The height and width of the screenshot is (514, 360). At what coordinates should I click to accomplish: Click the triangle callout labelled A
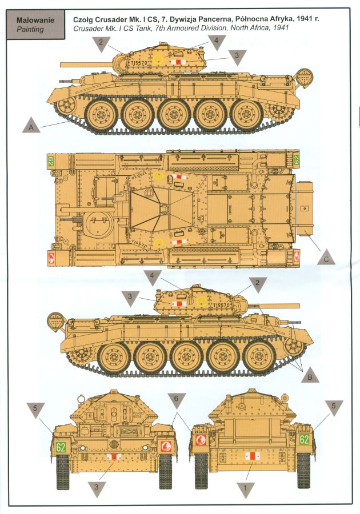point(31,126)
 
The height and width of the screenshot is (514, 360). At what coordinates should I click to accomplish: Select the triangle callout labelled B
point(310,375)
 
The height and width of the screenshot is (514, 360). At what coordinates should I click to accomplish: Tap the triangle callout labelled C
point(326,258)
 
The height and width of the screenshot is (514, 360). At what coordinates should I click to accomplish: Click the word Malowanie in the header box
point(35,20)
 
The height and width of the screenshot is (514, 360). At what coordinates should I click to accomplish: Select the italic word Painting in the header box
point(30,29)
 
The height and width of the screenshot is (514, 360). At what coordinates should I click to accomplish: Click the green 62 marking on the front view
point(61,447)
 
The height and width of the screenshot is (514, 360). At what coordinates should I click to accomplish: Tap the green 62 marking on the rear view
point(304,439)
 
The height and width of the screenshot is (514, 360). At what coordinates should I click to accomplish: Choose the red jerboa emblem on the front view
point(166,446)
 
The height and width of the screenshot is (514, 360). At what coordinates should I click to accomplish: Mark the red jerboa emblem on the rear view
point(201,440)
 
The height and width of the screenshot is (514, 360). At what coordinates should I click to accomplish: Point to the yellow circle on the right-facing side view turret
point(201,302)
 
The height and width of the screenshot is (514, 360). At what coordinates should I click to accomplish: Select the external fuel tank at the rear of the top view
point(304,209)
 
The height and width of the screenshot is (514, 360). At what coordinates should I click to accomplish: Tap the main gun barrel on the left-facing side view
point(86,64)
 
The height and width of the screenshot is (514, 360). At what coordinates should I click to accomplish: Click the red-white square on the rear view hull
point(253,456)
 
